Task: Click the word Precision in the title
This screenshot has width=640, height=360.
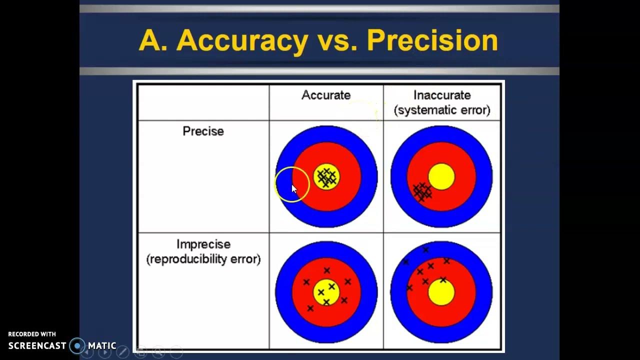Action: (432, 40)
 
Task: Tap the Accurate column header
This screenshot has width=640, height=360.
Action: (326, 95)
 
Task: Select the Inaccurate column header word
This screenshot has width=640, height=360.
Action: (442, 95)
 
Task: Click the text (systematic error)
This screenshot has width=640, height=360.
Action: (442, 110)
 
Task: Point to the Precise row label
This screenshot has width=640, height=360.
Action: (203, 131)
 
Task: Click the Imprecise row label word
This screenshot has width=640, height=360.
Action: (203, 244)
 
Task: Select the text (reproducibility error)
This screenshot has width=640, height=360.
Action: (203, 259)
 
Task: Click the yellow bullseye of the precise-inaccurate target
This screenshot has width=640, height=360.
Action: (441, 177)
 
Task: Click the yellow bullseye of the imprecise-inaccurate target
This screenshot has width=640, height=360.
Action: (441, 292)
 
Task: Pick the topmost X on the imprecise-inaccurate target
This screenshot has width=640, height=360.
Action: (425, 249)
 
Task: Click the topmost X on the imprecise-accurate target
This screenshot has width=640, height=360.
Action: (326, 270)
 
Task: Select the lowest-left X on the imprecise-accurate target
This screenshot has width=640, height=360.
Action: (310, 308)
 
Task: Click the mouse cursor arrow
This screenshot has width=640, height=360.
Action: (293, 188)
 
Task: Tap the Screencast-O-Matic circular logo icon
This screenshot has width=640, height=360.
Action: (77, 345)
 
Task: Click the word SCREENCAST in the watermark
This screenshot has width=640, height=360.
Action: (37, 345)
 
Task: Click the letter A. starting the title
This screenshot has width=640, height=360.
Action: (152, 40)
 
